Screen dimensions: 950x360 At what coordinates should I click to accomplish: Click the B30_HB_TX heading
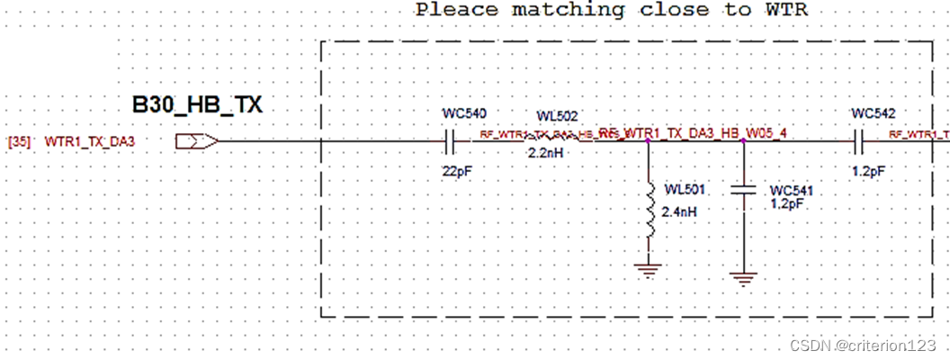(x=197, y=104)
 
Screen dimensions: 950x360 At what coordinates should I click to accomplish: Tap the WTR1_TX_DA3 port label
(x=90, y=141)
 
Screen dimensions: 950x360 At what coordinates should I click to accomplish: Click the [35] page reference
(x=21, y=141)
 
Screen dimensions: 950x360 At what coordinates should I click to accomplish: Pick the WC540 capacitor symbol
(x=452, y=140)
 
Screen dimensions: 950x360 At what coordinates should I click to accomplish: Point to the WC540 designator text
(x=464, y=114)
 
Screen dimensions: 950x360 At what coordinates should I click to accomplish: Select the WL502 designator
(x=557, y=117)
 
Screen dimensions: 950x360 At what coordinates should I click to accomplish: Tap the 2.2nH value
(x=546, y=154)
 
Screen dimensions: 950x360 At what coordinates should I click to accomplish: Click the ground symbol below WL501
(x=648, y=267)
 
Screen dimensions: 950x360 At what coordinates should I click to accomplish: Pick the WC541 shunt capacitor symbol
(x=743, y=190)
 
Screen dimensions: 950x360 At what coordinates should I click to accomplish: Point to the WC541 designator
(x=793, y=192)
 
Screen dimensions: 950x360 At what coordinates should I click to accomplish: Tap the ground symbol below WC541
(x=743, y=278)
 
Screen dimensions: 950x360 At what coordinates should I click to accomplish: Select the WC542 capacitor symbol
(x=859, y=140)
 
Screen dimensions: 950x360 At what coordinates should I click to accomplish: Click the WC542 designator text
(x=873, y=114)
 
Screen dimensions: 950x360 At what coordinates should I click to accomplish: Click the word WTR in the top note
(x=785, y=10)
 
